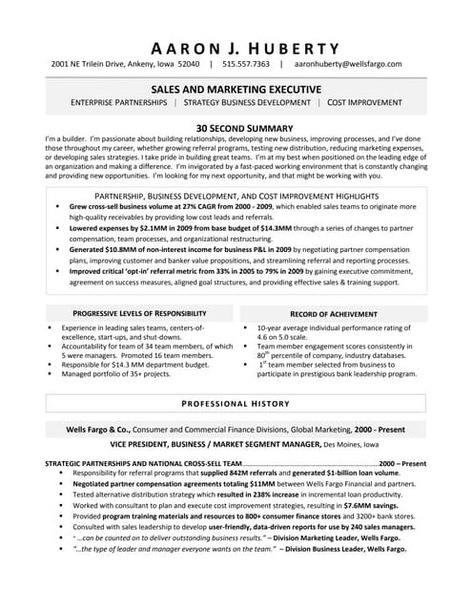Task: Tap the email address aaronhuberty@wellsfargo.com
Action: [347, 65]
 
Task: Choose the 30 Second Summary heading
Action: [236, 127]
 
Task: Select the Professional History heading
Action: [236, 405]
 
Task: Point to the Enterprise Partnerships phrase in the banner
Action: [122, 101]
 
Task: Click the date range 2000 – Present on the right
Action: [401, 463]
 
